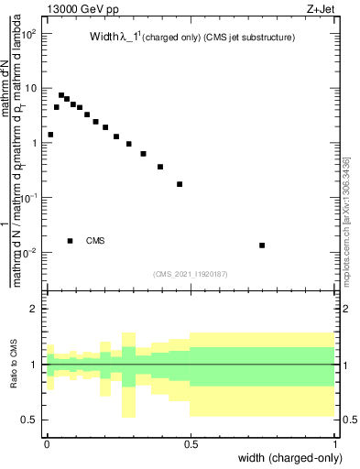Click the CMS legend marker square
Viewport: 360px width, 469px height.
pyautogui.click(x=71, y=241)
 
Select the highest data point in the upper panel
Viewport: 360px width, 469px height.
pyautogui.click(x=61, y=95)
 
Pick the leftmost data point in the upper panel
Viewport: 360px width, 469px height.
pyautogui.click(x=50, y=135)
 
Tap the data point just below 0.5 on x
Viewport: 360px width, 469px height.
pyautogui.click(x=180, y=184)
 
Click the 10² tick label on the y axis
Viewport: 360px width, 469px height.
pyautogui.click(x=30, y=34)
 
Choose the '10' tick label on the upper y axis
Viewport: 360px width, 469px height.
pyautogui.click(x=31, y=89)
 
